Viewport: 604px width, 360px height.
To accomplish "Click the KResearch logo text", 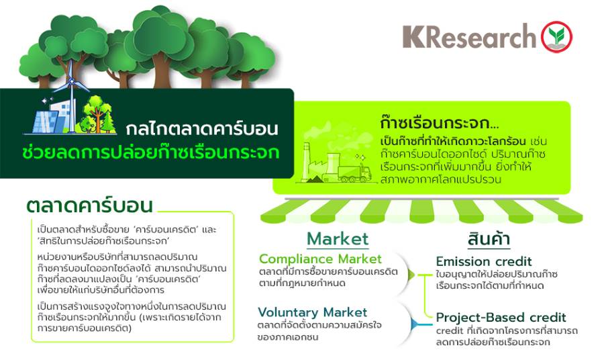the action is pos(469,37).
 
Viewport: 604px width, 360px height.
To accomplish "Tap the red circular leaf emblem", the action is pos(556,37).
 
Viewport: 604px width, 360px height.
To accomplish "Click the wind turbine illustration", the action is pos(72,95).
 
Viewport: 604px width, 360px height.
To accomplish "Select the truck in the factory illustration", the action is pos(354,173).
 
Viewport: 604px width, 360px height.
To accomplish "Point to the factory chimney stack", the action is pos(307,161).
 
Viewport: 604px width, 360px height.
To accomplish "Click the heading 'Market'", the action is pos(338,239).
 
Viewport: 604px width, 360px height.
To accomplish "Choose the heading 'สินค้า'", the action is pos(489,238).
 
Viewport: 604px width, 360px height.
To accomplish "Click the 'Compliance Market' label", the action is pos(320,259).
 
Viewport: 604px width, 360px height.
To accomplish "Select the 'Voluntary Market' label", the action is pos(312,312).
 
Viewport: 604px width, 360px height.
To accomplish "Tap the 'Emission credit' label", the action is pos(484,262).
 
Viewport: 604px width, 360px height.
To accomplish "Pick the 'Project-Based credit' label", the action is pos(501,318).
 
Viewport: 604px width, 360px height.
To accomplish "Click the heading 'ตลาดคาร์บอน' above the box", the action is pos(90,205).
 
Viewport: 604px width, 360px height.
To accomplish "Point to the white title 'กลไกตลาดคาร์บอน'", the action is pos(201,129).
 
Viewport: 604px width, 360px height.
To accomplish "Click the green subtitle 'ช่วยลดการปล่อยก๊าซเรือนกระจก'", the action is pos(150,152).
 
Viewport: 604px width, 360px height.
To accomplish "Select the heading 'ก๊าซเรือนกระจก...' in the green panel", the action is pos(439,123).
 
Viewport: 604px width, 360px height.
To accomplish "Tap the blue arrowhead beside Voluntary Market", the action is pos(413,324).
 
